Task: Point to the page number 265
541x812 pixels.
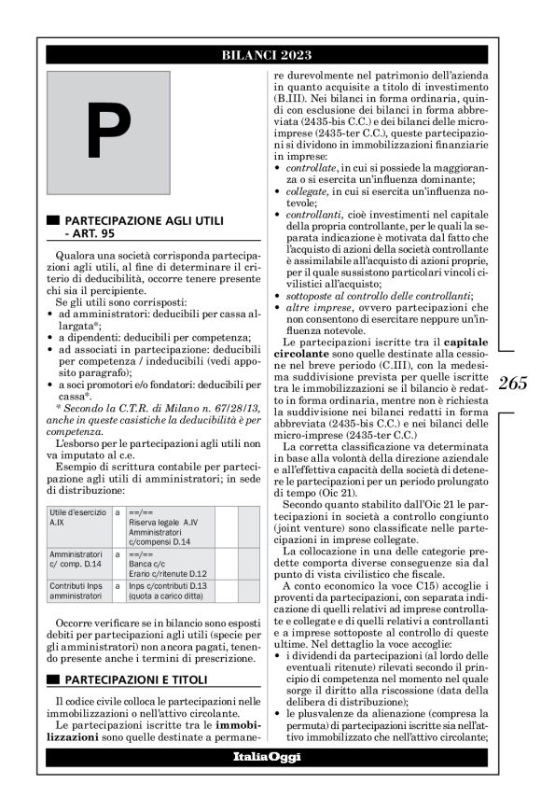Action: (512, 382)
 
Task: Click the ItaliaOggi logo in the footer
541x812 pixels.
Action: (267, 756)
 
